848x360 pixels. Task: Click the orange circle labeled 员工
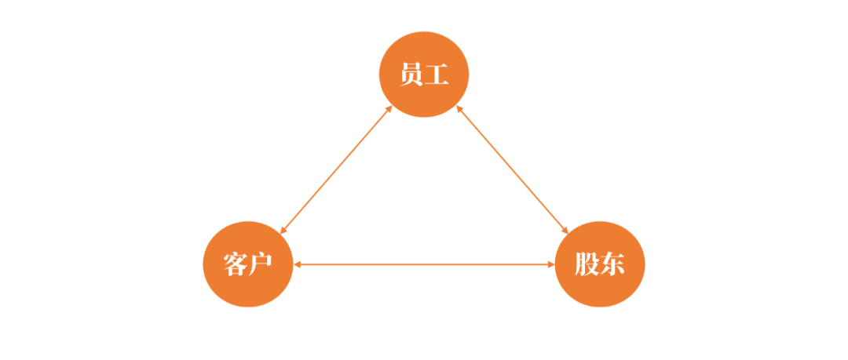pos(424,74)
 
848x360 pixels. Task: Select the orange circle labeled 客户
pos(248,264)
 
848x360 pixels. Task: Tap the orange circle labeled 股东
pos(600,264)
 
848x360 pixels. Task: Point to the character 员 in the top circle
pos(411,75)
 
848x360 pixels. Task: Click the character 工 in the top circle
pos(437,75)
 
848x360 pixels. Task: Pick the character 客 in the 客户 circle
pos(236,264)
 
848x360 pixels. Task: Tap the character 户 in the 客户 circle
pos(260,264)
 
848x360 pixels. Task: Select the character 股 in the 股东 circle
pos(587,264)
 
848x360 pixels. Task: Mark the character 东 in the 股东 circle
pos(612,264)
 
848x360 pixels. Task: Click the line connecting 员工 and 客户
pos(336,169)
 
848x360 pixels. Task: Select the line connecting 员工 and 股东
pos(512,169)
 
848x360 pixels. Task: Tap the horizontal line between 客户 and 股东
pos(424,264)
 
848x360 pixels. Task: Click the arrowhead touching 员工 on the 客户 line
pos(389,109)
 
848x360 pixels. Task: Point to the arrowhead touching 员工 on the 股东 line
pos(459,109)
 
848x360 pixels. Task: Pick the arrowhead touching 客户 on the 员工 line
pos(283,231)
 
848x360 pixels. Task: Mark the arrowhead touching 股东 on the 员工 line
pos(565,231)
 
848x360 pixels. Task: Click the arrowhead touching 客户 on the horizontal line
pos(297,264)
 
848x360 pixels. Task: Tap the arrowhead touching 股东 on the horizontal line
pos(552,264)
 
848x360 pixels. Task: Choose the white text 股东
pos(600,264)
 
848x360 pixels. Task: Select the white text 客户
pos(247,264)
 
